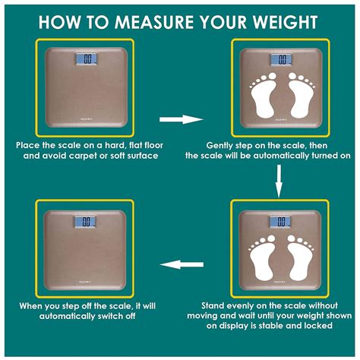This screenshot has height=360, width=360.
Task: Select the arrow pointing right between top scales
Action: (x=181, y=119)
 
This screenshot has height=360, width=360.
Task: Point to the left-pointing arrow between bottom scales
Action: (x=181, y=264)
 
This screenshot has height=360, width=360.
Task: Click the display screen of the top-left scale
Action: (x=88, y=58)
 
